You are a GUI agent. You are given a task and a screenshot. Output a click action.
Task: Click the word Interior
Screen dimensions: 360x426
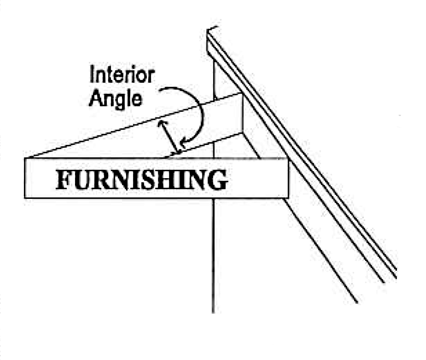coord(121,75)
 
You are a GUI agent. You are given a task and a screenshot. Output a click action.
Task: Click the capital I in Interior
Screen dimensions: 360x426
coord(92,75)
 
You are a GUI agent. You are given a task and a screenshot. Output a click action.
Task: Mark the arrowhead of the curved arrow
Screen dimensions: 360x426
coord(184,142)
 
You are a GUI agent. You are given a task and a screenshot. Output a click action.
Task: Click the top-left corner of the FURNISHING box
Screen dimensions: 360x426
coord(25,159)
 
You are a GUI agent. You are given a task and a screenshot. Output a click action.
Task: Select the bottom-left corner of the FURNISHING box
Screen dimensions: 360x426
coord(25,198)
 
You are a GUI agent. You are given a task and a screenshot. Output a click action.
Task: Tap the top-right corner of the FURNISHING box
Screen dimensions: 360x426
coord(288,159)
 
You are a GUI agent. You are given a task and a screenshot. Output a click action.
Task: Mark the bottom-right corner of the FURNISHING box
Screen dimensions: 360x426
coord(288,198)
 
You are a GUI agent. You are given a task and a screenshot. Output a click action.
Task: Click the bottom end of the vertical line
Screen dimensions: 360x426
coord(213,312)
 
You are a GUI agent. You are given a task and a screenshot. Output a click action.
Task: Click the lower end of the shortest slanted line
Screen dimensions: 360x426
coord(357,302)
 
